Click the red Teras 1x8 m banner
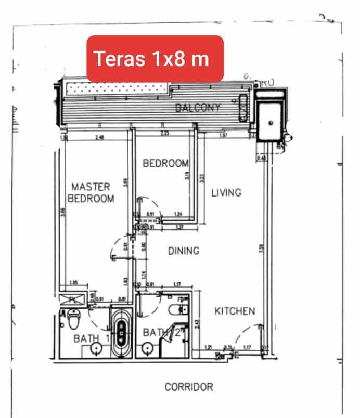tap(155, 58)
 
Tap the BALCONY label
tap(198, 108)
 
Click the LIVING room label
tap(226, 193)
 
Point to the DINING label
tap(183, 251)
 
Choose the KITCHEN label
tap(235, 311)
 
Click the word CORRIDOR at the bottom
tap(188, 388)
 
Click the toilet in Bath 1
tap(73, 318)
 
